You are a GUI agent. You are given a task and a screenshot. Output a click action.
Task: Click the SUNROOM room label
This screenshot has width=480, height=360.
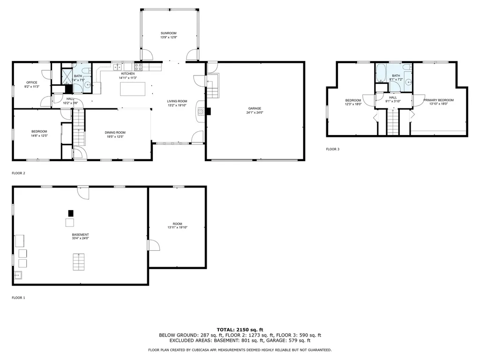point(168,33)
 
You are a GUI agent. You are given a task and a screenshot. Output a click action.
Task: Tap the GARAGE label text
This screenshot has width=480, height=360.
point(255,108)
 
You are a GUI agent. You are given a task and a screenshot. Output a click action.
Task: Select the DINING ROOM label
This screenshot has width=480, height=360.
point(115,133)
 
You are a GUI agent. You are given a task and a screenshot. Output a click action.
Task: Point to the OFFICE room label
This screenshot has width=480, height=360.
point(32,82)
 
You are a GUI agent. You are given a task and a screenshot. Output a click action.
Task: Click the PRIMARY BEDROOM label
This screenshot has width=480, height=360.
point(438,100)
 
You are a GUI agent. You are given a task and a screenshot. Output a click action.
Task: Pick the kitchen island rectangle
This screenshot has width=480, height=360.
point(133,89)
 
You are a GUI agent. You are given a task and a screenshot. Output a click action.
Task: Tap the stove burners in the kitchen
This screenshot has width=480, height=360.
point(138,67)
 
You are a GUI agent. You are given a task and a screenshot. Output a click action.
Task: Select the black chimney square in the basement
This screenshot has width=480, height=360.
point(71,213)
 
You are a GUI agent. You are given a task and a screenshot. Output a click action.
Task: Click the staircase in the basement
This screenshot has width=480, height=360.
point(79,262)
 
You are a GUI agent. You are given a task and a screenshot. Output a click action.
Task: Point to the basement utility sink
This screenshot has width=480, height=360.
point(18,275)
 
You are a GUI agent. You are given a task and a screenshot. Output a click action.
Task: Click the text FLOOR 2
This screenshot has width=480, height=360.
point(18,173)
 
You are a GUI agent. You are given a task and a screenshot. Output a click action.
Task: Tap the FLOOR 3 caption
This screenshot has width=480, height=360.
point(332,150)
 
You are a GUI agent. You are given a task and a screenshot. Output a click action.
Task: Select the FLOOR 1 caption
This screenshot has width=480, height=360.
point(18,298)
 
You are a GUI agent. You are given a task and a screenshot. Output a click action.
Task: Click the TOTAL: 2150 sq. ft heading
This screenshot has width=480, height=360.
point(240,330)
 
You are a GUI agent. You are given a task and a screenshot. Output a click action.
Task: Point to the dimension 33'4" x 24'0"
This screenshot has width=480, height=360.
point(80,238)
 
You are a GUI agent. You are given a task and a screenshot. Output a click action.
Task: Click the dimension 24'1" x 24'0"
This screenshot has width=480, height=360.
point(255,112)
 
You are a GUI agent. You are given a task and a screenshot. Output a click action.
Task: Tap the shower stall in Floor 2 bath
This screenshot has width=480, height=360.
point(67,76)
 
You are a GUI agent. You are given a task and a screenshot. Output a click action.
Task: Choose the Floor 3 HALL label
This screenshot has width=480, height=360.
point(393,97)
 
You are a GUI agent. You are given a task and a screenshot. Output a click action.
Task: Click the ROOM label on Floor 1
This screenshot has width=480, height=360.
point(177,224)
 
